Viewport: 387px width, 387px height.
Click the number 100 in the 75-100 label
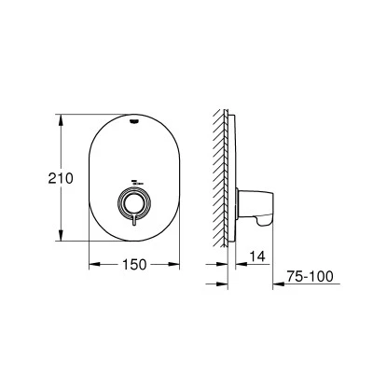(323, 276)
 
